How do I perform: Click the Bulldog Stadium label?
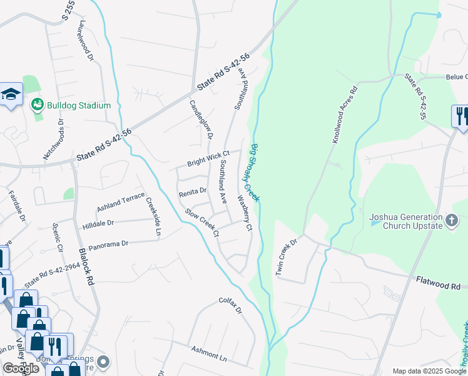click(79, 105)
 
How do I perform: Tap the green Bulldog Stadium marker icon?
click(38, 105)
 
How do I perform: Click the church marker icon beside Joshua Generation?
click(452, 220)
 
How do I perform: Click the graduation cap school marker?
click(11, 95)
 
